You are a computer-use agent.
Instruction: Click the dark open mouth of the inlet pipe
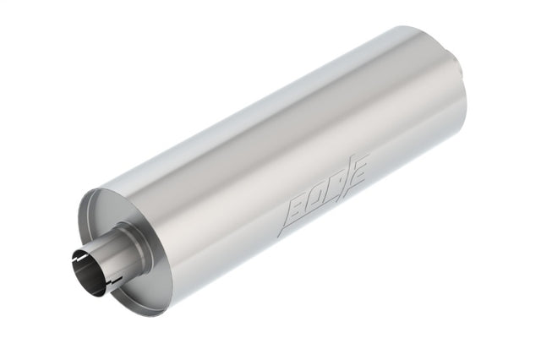tap(86, 271)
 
